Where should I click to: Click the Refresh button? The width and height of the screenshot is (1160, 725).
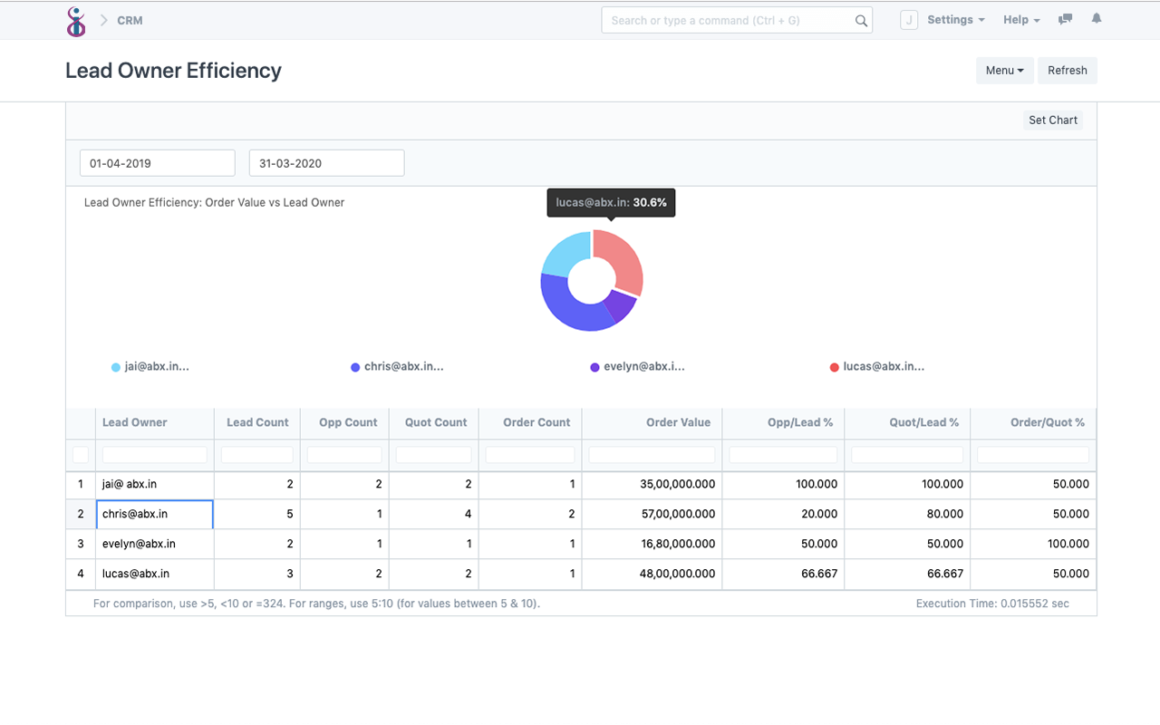tap(1067, 71)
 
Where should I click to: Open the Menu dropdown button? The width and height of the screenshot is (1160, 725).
tap(1004, 71)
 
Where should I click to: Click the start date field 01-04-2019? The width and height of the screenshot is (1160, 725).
tap(157, 163)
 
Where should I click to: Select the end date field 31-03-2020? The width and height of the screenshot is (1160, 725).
tap(326, 163)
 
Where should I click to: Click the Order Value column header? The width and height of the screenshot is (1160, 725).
tap(678, 422)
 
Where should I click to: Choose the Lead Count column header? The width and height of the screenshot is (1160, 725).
tap(257, 422)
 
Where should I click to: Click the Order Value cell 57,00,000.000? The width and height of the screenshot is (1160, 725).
tap(678, 514)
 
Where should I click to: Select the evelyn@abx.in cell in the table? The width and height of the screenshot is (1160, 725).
tap(139, 544)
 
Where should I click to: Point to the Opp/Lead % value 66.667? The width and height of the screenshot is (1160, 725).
tap(816, 574)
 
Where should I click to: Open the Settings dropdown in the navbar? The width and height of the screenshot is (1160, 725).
tap(955, 20)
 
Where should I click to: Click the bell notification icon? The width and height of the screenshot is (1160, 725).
tap(1097, 19)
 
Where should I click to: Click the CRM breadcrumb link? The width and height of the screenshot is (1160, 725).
tap(130, 20)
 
